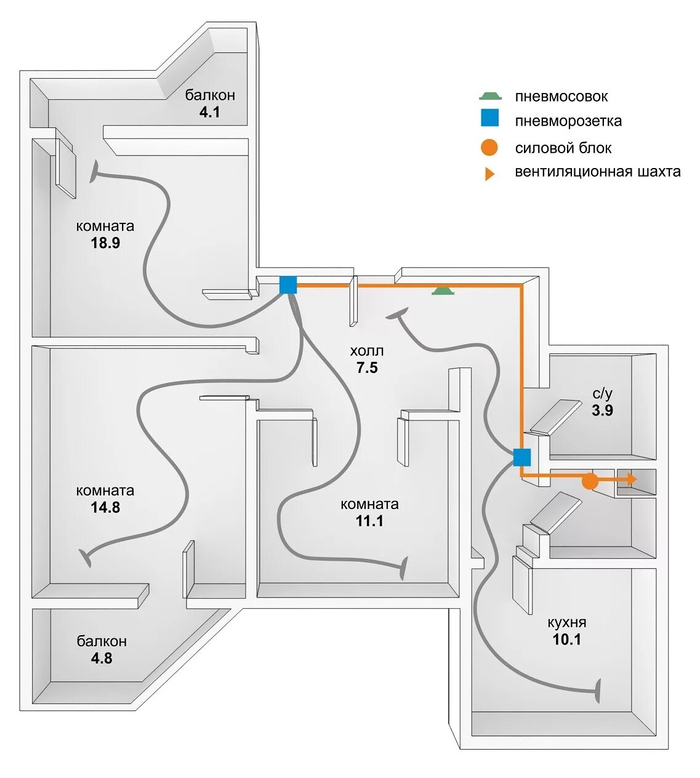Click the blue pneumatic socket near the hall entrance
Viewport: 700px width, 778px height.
coord(288,285)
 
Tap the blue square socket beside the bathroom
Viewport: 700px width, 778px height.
coord(522,457)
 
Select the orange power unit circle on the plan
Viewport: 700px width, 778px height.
coord(590,481)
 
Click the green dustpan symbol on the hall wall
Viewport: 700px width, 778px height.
coord(443,291)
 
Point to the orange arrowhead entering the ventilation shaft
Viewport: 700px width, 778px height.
coord(632,478)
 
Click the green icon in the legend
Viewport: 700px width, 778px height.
coord(491,96)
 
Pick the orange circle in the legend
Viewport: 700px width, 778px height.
coord(490,148)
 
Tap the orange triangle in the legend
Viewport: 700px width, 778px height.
coord(489,174)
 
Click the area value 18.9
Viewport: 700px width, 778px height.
coord(105,243)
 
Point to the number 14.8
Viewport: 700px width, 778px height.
coord(105,507)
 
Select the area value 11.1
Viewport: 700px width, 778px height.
coord(369,521)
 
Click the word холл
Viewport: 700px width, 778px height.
coord(367,351)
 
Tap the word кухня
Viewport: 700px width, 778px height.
coord(567,622)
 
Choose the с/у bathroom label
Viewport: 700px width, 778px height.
coord(603,393)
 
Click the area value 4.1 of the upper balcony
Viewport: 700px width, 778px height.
coord(210,112)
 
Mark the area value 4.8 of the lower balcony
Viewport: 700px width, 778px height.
coord(102,658)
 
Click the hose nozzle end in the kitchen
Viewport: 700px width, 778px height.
coord(597,691)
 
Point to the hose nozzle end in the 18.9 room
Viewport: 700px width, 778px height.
coord(95,172)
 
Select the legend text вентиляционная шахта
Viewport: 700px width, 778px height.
coord(598,171)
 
